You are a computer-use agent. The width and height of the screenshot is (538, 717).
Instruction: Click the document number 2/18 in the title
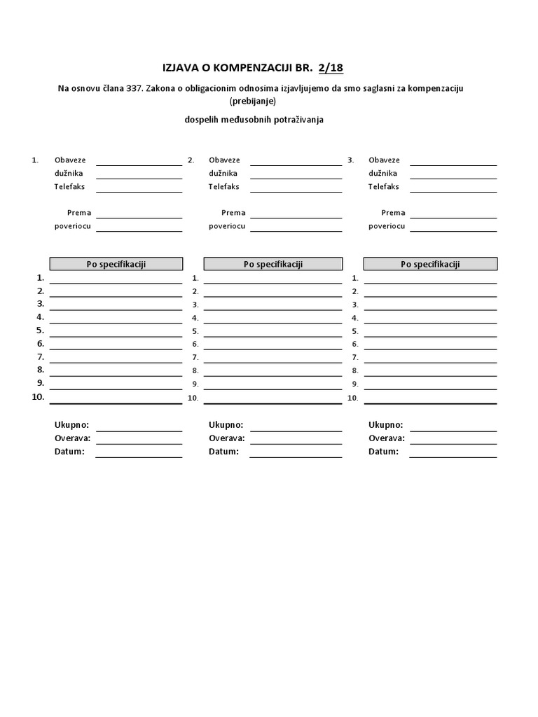pos(331,68)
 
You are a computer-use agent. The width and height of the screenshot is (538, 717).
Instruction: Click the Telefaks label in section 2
pos(224,187)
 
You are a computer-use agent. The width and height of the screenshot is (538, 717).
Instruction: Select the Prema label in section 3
pos(393,213)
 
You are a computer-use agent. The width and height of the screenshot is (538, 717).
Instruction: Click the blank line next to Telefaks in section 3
pos(453,190)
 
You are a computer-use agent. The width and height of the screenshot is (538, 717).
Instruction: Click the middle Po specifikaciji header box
pos(273,264)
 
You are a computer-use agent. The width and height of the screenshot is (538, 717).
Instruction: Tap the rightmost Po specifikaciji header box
pos(430,264)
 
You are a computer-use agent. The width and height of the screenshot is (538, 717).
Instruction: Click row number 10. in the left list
pos(38,397)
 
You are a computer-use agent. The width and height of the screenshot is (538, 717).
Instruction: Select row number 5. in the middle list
pos(195,331)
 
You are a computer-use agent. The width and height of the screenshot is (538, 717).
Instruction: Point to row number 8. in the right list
pos(355,371)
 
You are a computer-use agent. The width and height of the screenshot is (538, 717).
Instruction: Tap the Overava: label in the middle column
pos(226,438)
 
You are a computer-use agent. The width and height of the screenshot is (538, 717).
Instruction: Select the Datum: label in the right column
pos(383,452)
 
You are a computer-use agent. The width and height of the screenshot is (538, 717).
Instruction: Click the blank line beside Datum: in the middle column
pos(296,456)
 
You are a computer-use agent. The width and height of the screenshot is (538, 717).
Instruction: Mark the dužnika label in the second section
pos(223,174)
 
